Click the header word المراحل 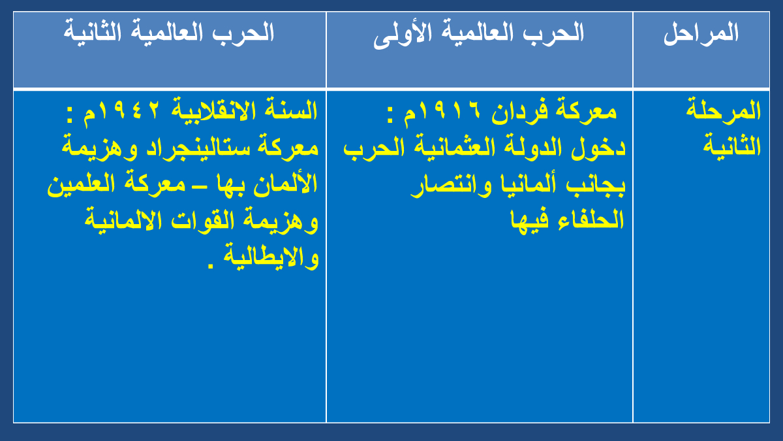(x=701, y=33)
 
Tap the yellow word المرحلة (x=723, y=110)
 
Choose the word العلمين (x=81, y=184)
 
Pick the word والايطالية (x=271, y=258)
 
